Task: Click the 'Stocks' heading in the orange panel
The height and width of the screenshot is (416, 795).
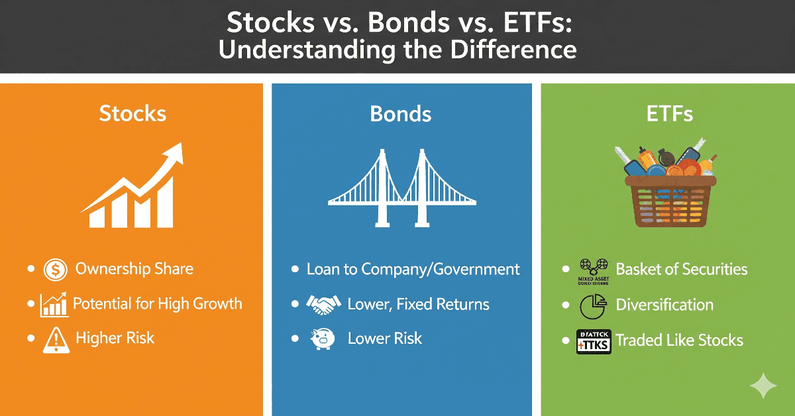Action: [132, 113]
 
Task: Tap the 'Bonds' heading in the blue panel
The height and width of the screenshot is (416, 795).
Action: [400, 113]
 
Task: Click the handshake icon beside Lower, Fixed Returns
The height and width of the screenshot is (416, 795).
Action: [323, 305]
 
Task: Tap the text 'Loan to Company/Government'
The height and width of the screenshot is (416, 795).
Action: [413, 270]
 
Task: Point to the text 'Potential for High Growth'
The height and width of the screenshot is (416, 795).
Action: [157, 304]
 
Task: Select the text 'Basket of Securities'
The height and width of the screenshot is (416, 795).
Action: [681, 270]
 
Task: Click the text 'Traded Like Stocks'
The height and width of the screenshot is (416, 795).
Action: [679, 340]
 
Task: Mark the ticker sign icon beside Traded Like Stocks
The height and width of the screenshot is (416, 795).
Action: [592, 340]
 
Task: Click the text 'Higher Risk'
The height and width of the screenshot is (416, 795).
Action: [115, 338]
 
